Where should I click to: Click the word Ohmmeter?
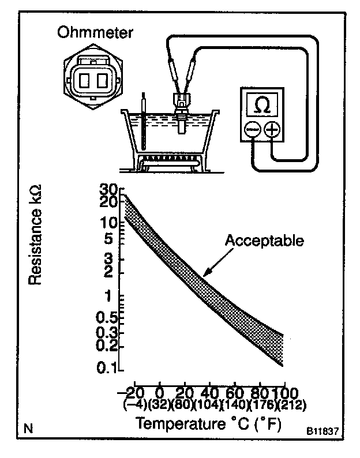coord(93,32)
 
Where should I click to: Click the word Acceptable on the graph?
coord(264,240)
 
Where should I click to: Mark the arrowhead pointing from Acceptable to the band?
coord(204,275)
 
